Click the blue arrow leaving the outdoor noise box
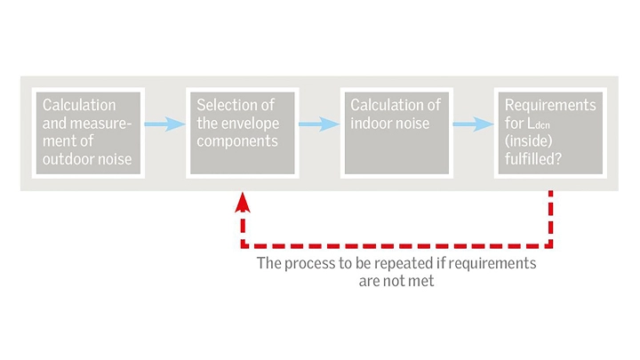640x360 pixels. click(164, 124)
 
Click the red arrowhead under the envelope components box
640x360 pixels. click(243, 204)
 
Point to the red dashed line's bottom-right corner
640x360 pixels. click(551, 245)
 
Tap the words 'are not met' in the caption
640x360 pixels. click(396, 280)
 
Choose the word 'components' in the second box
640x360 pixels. click(237, 141)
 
